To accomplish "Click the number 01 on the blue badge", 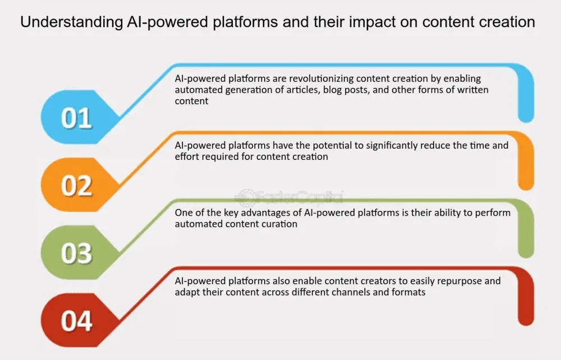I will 76,119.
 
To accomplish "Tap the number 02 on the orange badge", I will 76,186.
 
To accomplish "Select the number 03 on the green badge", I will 76,253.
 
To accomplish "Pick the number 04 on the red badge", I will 76,321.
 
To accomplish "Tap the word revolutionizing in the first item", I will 314,79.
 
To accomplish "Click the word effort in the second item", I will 187,156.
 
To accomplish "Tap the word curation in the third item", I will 278,224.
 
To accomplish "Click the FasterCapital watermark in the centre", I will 289,197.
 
